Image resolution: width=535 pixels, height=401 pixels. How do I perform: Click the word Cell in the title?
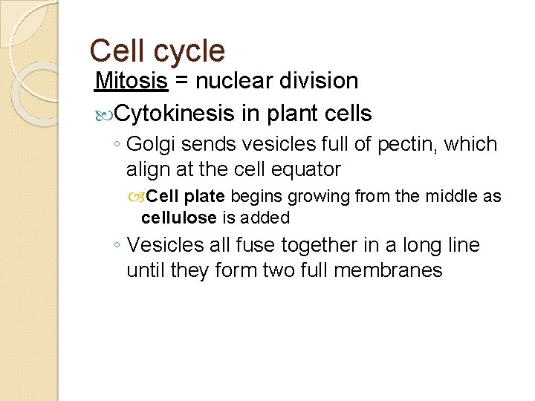point(117,51)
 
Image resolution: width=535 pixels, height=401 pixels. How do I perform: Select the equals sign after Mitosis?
point(183,81)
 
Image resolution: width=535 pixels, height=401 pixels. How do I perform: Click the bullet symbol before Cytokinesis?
point(103,114)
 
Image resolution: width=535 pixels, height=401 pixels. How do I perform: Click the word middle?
point(450,197)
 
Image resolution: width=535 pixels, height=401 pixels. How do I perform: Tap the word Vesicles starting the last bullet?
point(164,244)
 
